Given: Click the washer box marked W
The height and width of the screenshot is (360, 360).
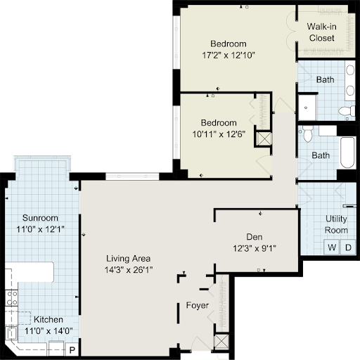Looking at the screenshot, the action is point(332,247).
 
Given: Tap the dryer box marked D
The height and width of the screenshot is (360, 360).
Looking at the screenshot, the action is point(348,247).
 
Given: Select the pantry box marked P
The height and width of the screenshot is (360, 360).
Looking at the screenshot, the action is point(72,350).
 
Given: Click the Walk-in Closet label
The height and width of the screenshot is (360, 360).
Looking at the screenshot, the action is point(322,32).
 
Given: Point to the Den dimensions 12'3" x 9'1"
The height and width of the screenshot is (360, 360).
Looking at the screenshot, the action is point(255,248).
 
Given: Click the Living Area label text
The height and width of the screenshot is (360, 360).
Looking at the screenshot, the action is point(128,259).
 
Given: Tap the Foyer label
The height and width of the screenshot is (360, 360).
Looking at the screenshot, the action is point(198,305).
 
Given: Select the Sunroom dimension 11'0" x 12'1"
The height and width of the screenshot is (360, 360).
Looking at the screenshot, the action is point(40,229).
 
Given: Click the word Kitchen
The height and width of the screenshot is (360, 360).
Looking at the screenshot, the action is point(49,319).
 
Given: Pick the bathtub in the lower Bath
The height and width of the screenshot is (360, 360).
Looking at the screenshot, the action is point(347,153).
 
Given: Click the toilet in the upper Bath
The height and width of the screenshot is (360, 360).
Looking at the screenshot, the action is point(347,111).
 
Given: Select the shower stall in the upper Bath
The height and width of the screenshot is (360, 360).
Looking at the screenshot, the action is point(307,108).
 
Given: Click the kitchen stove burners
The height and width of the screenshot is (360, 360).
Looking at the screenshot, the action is point(12,298).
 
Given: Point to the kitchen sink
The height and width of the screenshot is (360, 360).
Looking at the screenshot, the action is point(11,333).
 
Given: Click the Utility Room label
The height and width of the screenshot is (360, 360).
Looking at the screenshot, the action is point(336,224).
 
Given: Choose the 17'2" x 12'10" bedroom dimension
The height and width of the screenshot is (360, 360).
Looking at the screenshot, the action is point(229,56).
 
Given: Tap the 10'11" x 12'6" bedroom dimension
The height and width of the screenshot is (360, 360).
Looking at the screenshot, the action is point(219,134).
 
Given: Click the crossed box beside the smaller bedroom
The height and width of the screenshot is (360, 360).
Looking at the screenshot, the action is point(264,139).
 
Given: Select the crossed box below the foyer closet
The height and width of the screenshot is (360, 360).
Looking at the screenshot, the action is point(221,341).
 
